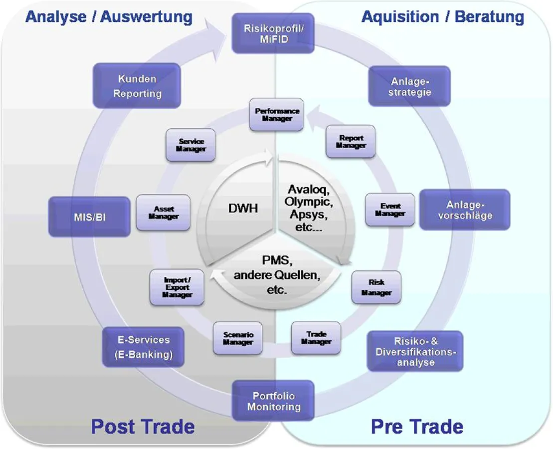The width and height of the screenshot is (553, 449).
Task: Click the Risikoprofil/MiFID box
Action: [273, 33]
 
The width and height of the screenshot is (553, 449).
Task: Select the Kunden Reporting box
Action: [137, 86]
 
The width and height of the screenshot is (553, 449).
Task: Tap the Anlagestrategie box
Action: [410, 86]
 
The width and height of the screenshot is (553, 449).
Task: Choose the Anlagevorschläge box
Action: [464, 210]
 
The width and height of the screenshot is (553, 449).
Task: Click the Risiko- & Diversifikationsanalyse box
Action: [415, 351]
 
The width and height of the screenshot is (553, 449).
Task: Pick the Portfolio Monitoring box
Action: [273, 401]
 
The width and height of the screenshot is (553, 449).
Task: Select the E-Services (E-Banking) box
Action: [144, 347]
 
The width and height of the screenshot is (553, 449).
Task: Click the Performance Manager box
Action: [277, 115]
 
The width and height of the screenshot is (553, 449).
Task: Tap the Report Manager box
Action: [351, 142]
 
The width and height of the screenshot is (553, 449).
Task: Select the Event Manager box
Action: [390, 210]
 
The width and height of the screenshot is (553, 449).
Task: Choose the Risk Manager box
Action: [376, 287]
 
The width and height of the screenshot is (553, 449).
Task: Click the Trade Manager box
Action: [316, 338]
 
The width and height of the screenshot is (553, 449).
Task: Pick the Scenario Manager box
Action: [238, 338]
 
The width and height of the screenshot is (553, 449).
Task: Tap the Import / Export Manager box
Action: [177, 287]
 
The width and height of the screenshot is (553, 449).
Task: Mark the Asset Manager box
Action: [164, 213]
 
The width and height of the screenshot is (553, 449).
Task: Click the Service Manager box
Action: [191, 145]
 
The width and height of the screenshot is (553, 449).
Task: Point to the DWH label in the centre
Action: [243, 208]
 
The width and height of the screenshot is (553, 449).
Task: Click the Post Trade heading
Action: [143, 427]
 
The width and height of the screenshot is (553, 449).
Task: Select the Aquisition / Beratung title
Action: [442, 17]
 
